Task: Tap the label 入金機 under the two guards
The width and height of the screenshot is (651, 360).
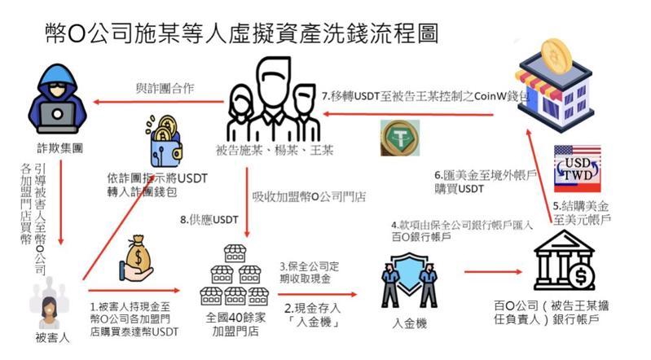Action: tap(408, 324)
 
